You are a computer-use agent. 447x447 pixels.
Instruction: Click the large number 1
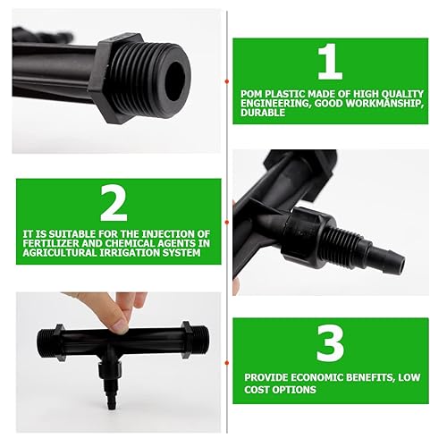[330, 63]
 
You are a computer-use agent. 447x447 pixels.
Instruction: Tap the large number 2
[114, 205]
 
